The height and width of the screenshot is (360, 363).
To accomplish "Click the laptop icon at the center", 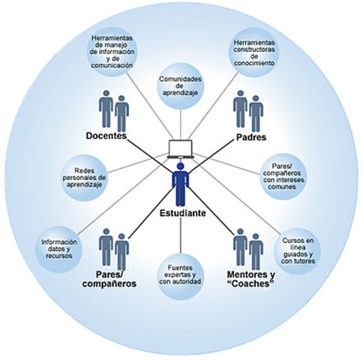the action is [181, 148].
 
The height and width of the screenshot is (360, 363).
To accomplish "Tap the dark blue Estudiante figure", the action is [181, 184].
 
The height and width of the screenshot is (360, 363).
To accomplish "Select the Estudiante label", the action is [183, 213].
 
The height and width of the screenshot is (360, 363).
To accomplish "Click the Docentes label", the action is [106, 136].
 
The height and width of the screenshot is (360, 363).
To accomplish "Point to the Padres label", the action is [251, 137].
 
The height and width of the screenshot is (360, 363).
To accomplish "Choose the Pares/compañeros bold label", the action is [109, 279].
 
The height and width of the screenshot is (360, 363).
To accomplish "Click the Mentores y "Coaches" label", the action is [250, 279].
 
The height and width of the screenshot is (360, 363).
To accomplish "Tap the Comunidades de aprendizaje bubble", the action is [180, 86].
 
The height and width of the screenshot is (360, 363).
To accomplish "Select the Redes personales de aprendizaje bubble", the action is [85, 178].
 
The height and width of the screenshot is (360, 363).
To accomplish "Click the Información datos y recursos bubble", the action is [59, 249].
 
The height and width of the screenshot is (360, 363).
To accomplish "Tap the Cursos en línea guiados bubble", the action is [298, 250].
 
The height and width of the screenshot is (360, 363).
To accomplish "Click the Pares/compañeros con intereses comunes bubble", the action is [283, 176].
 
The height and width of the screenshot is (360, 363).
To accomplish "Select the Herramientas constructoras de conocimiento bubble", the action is [254, 52].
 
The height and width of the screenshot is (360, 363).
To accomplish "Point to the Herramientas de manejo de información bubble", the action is [112, 52].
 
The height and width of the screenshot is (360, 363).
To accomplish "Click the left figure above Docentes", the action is [106, 109].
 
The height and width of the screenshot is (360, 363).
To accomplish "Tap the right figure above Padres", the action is [256, 113].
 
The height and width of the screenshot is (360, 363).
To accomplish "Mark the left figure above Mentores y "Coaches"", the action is [240, 247].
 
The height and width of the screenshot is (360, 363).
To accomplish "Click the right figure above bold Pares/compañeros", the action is [121, 252].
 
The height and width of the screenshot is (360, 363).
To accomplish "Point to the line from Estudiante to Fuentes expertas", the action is [181, 235].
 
